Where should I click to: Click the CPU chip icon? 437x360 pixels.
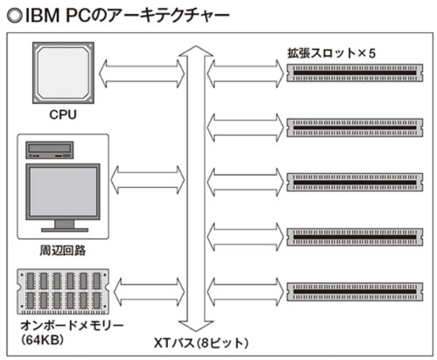pos(63,72)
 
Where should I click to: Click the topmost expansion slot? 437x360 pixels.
pos(355,73)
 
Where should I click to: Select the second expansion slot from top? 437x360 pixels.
pos(355,127)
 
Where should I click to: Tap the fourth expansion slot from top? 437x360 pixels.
pos(355,235)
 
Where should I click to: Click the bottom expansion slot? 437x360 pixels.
pos(355,289)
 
